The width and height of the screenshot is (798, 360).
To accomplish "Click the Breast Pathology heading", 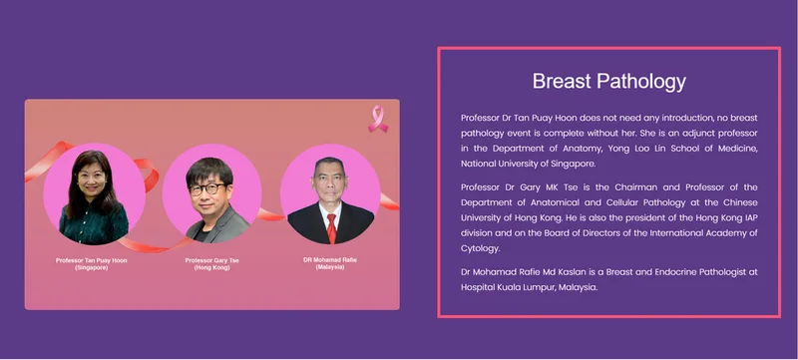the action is point(609,82).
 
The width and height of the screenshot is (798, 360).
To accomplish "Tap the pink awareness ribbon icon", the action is point(378,119).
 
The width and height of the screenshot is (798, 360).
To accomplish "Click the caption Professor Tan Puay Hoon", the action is point(92,260).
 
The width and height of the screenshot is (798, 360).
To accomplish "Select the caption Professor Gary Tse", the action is point(211,260).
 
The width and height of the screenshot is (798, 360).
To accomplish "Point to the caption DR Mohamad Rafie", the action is point(330,260).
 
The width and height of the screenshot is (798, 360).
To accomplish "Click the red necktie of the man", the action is point(331,228).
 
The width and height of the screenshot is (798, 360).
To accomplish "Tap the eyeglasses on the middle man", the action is point(207,189).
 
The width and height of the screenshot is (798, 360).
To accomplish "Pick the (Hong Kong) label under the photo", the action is point(211,267).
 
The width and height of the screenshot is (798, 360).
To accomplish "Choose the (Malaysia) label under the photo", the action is point(330,267).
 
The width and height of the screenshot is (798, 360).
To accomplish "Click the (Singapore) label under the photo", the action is point(92,267).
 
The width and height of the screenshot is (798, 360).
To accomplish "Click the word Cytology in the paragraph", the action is point(481,248).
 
